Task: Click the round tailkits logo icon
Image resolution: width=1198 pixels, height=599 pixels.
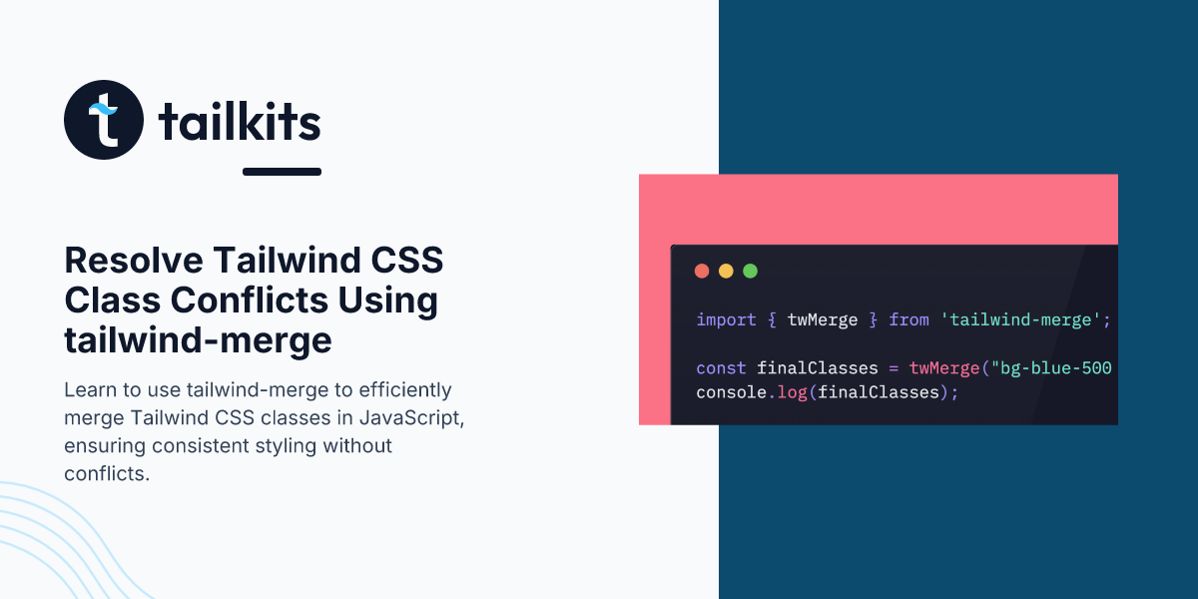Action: click(x=104, y=120)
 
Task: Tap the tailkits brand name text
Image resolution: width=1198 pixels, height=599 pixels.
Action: click(x=240, y=122)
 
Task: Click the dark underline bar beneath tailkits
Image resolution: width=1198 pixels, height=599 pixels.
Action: click(x=282, y=172)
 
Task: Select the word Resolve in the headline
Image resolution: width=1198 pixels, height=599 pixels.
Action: click(x=134, y=261)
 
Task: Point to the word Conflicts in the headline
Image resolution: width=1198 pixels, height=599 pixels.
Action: click(x=250, y=300)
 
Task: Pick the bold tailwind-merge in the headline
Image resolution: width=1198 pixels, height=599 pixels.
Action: click(x=198, y=340)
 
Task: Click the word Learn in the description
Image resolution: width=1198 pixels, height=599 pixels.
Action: click(x=91, y=390)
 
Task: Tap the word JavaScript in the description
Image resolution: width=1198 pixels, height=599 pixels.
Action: click(x=411, y=417)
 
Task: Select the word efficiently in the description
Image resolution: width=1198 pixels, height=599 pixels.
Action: click(x=405, y=390)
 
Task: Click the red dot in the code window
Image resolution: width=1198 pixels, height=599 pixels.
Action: click(x=702, y=272)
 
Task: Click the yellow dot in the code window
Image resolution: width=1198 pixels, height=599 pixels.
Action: click(x=726, y=272)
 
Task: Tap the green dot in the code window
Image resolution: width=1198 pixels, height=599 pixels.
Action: click(x=751, y=272)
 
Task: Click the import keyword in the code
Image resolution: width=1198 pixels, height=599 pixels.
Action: click(x=727, y=319)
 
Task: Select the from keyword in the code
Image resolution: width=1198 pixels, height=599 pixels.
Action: click(x=908, y=319)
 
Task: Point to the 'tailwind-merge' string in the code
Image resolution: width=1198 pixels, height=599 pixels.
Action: click(x=1020, y=319)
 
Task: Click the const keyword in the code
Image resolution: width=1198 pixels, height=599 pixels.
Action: click(x=721, y=368)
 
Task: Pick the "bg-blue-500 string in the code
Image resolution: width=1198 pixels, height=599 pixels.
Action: click(x=1051, y=368)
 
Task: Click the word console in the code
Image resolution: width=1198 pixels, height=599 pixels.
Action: click(x=732, y=392)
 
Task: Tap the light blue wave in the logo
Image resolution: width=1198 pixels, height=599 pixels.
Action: click(x=103, y=109)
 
